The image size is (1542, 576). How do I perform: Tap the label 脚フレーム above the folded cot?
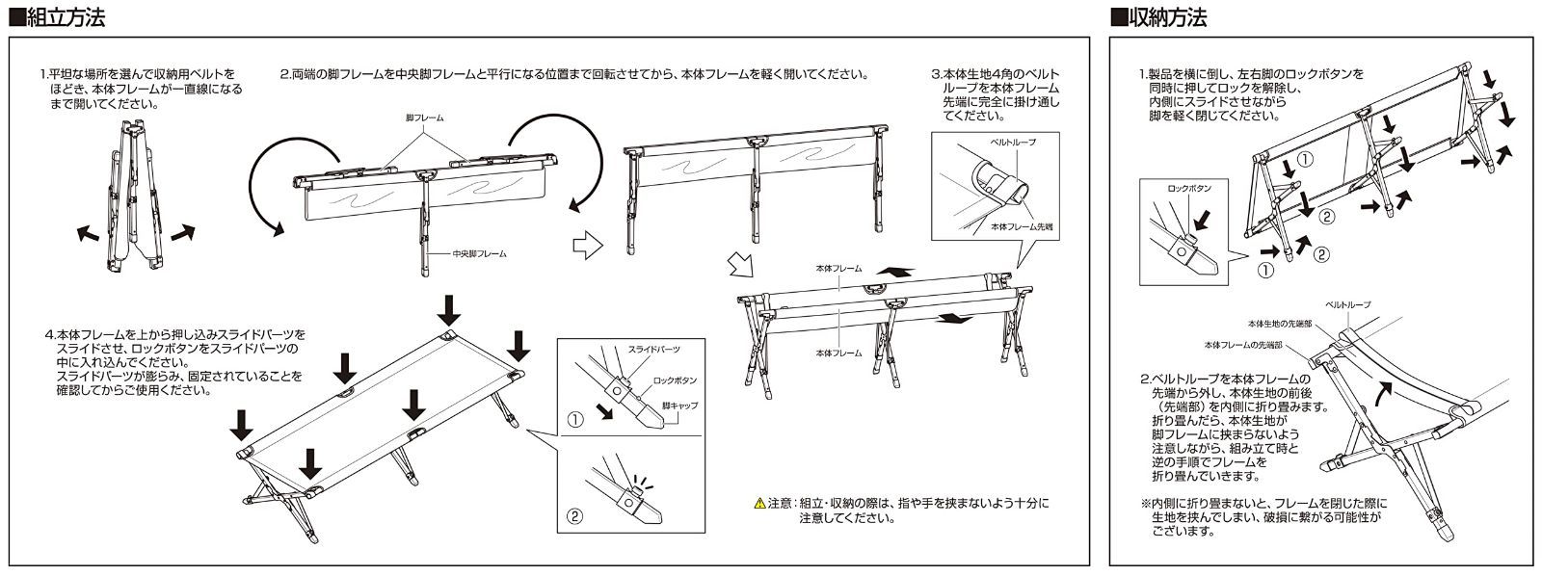coord(424,118)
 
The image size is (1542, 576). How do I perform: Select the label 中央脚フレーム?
coord(479,254)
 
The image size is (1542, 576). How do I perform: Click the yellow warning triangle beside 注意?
coord(758,504)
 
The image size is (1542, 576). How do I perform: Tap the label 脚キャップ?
coord(680,406)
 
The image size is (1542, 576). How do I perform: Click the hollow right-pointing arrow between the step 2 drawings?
coord(586,248)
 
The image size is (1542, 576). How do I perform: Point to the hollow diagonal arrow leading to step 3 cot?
coord(738,262)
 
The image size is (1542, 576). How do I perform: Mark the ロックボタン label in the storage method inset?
coord(1188,189)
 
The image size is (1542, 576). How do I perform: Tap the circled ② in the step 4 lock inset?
coord(575,515)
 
